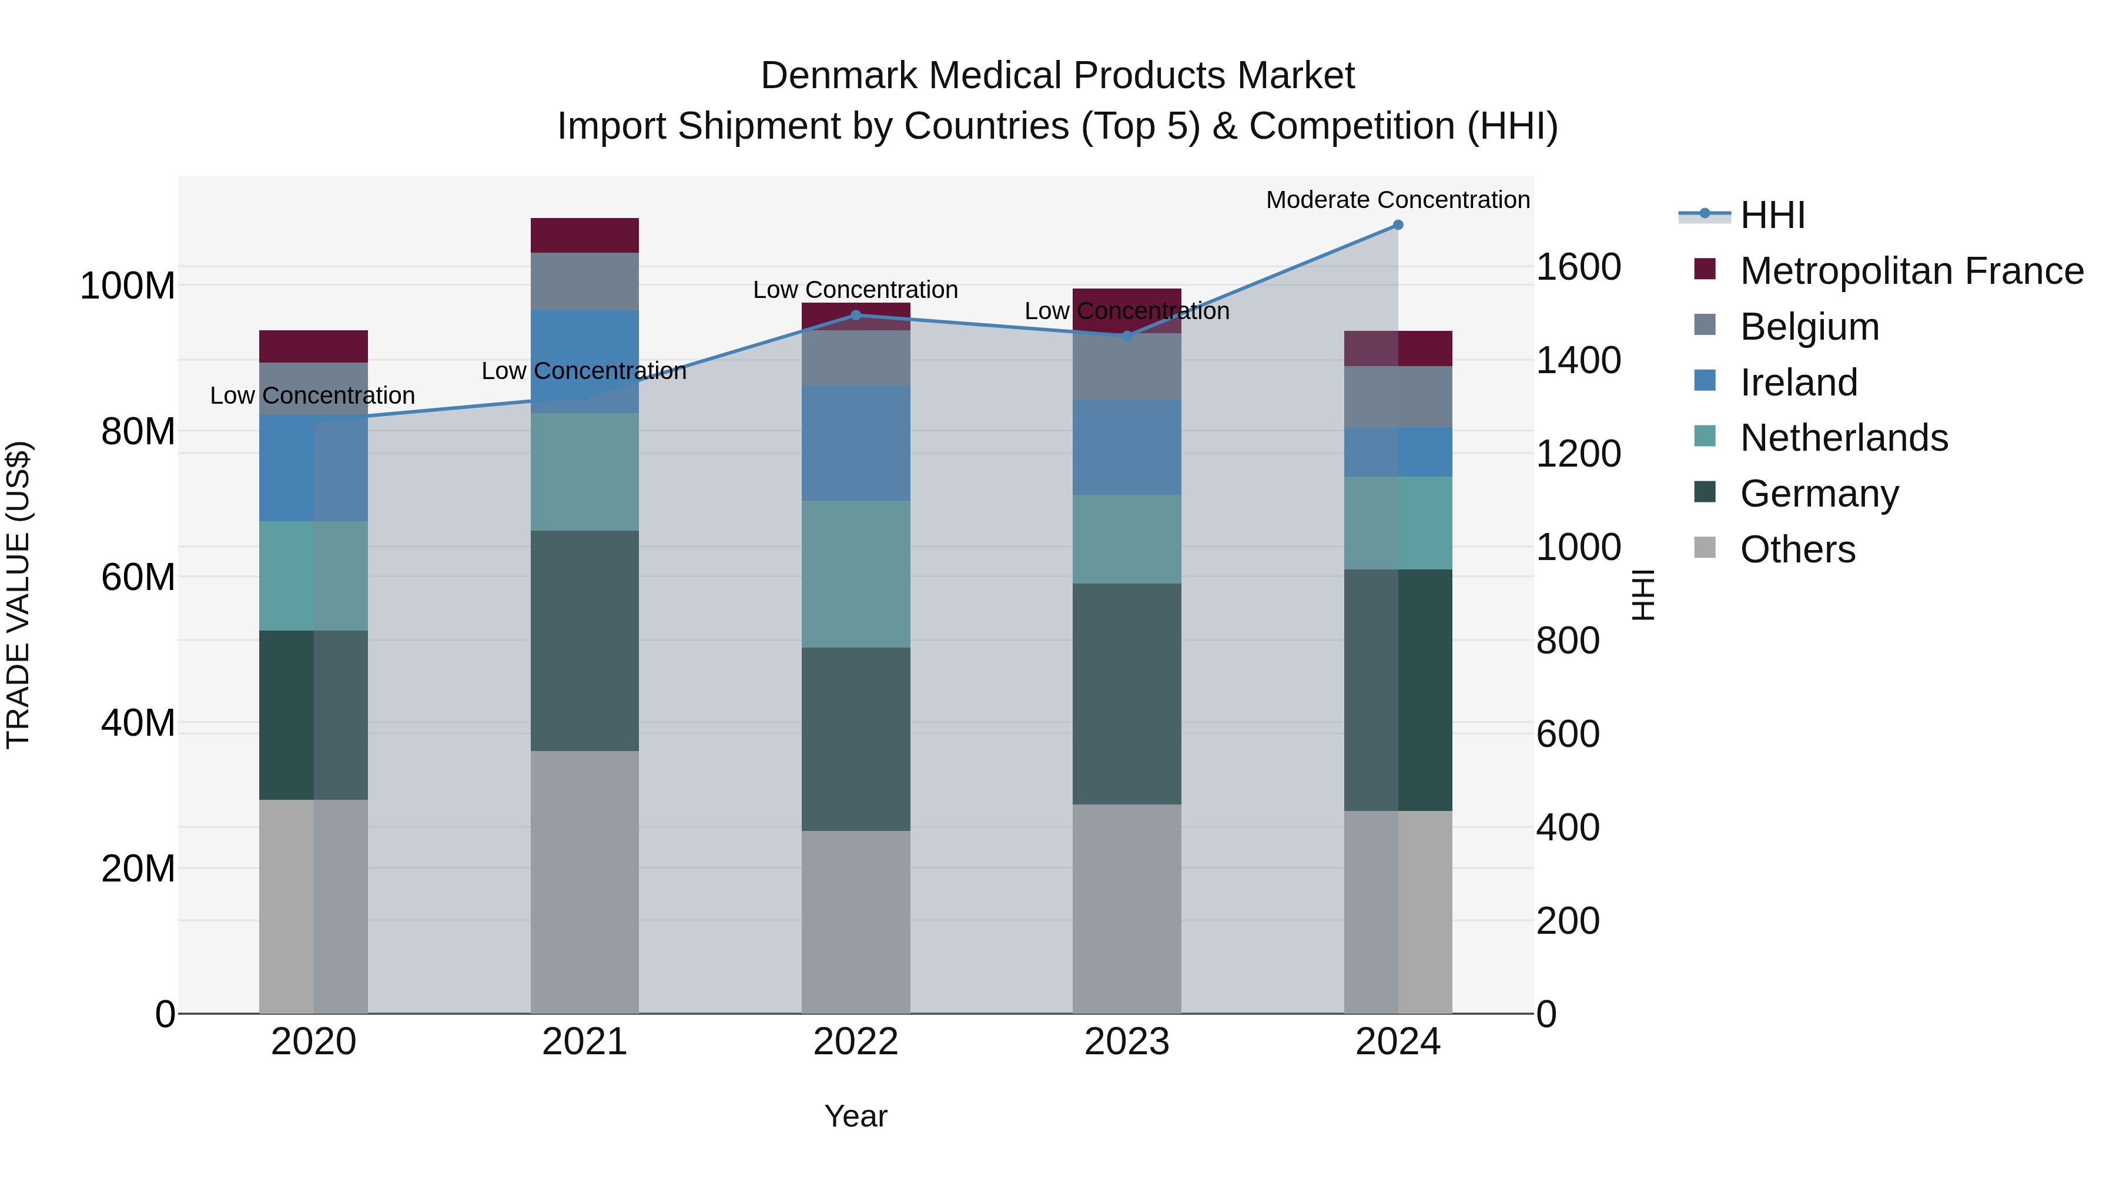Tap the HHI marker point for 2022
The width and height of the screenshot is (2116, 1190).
click(x=855, y=316)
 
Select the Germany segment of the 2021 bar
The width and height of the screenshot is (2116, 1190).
click(x=584, y=641)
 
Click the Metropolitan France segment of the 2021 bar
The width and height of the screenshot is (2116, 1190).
click(x=584, y=236)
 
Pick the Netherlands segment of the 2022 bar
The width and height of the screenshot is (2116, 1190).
click(x=855, y=574)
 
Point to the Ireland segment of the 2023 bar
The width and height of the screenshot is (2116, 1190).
click(x=1126, y=448)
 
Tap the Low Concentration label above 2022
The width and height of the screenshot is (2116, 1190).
click(x=855, y=290)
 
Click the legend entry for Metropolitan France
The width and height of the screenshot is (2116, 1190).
click(x=1911, y=271)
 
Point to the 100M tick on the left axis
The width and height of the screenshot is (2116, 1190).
click(x=128, y=287)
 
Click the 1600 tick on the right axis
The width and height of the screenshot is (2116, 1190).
click(x=1578, y=268)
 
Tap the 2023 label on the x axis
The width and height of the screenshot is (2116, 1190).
click(x=1126, y=1042)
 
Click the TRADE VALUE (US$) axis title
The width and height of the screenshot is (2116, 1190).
click(x=18, y=595)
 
